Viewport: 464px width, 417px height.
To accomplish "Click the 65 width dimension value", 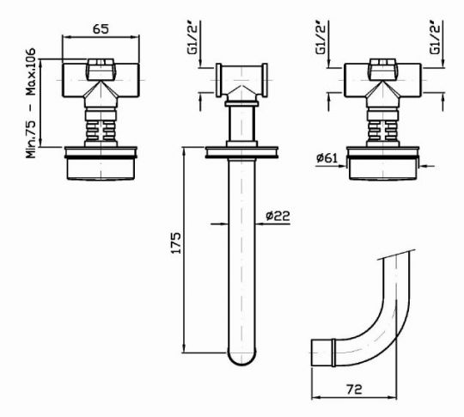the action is click(x=101, y=29).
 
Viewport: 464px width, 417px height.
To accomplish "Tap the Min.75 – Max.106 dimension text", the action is click(x=31, y=103).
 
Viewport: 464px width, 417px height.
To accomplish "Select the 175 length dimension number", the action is click(x=176, y=242).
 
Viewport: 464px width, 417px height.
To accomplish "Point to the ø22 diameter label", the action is click(x=278, y=216).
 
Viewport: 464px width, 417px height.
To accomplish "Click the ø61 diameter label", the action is click(x=327, y=158).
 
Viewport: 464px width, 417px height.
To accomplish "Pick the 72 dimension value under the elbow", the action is click(x=354, y=389).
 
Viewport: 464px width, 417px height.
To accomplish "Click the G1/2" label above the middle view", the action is click(x=193, y=38).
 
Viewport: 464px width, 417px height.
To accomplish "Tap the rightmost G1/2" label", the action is click(x=436, y=38).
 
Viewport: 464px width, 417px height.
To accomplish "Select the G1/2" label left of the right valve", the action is click(x=321, y=38).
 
